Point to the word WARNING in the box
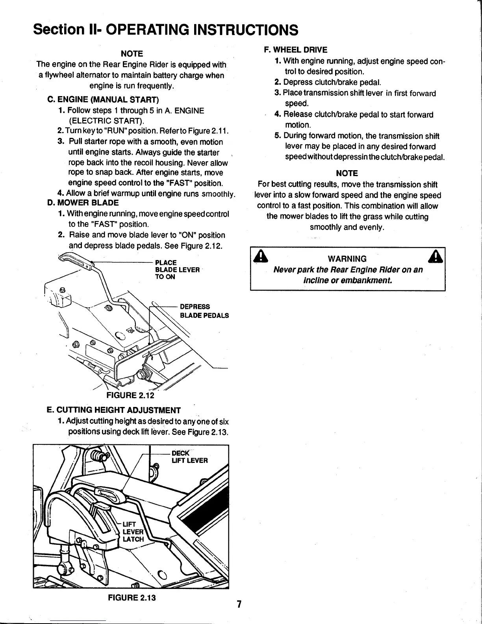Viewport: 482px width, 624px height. point(347,258)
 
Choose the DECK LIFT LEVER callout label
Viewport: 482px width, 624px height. point(189,456)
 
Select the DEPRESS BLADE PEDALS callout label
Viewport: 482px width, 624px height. point(204,311)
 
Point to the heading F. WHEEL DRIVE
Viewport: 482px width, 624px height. point(295,50)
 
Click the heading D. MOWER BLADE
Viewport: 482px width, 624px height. point(83,203)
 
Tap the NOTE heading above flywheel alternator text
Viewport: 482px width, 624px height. point(131,53)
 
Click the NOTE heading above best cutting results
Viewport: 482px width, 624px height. point(347,173)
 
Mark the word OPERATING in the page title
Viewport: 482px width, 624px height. point(149,29)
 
